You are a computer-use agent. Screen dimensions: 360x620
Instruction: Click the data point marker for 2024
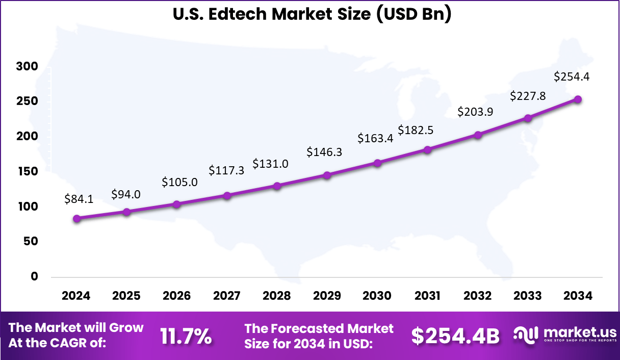76,219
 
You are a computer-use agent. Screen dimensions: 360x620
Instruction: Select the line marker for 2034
578,99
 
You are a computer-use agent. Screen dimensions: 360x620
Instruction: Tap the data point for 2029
327,175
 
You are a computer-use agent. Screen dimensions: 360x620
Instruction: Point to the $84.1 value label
79,199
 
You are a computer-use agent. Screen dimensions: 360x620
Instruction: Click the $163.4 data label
375,138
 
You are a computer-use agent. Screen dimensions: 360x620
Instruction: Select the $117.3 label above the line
226,170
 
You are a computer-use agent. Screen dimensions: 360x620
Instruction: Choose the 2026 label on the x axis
176,296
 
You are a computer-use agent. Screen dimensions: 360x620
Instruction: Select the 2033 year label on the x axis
528,296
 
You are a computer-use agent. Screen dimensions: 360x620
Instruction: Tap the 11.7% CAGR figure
186,336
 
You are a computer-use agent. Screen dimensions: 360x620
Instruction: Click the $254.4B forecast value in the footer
455,336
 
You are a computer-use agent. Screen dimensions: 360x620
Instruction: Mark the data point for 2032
478,135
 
